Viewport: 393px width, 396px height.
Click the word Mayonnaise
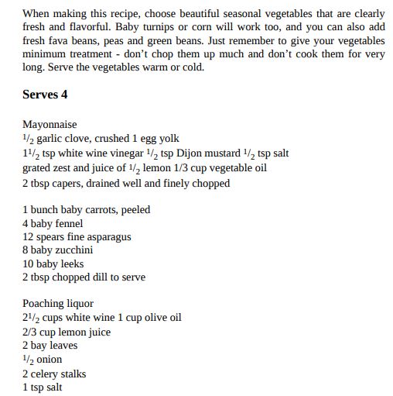tap(50, 125)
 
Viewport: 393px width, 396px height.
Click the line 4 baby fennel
tap(53, 223)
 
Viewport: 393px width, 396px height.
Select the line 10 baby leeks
tap(53, 264)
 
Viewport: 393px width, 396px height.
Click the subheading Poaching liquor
tap(58, 304)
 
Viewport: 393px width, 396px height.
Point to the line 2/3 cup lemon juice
tap(67, 332)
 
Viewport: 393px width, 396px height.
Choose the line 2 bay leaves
tap(50, 346)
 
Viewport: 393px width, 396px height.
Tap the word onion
tap(50, 360)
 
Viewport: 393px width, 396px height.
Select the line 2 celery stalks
tap(54, 374)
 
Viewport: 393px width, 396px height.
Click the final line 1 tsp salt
tap(43, 387)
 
